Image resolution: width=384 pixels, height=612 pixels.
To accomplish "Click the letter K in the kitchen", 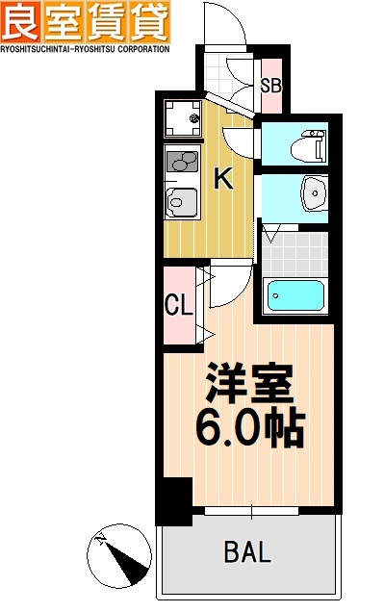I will point(222,177).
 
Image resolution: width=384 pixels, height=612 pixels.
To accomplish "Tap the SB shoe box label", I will point(271,85).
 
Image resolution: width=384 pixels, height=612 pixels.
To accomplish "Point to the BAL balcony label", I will point(247,552).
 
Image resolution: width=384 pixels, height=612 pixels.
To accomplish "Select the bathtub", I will point(295,293).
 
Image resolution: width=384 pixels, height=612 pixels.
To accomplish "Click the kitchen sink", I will point(181,202).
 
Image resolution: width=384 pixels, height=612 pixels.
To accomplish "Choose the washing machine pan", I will point(180,117).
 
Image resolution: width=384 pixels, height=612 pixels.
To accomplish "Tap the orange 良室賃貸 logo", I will point(85,20).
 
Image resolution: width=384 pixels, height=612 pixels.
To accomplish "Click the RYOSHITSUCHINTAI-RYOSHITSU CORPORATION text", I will point(85,47).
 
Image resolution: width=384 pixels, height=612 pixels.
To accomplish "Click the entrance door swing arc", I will point(227,29).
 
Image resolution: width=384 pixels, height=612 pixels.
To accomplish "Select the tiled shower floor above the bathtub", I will point(294,252).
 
